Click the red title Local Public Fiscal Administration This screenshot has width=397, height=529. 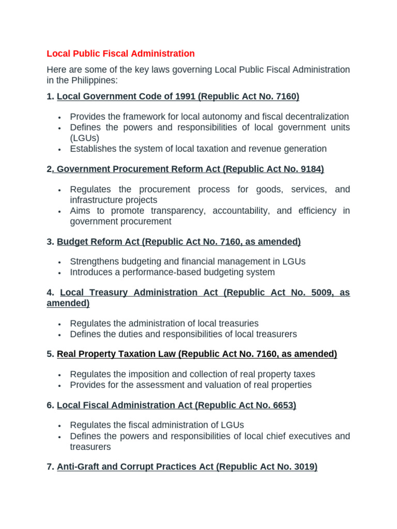pyautogui.click(x=120, y=53)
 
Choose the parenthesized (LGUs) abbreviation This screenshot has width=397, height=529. pyautogui.click(x=84, y=138)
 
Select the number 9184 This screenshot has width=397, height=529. pyautogui.click(x=308, y=169)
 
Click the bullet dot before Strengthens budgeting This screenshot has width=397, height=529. pyautogui.click(x=60, y=262)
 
